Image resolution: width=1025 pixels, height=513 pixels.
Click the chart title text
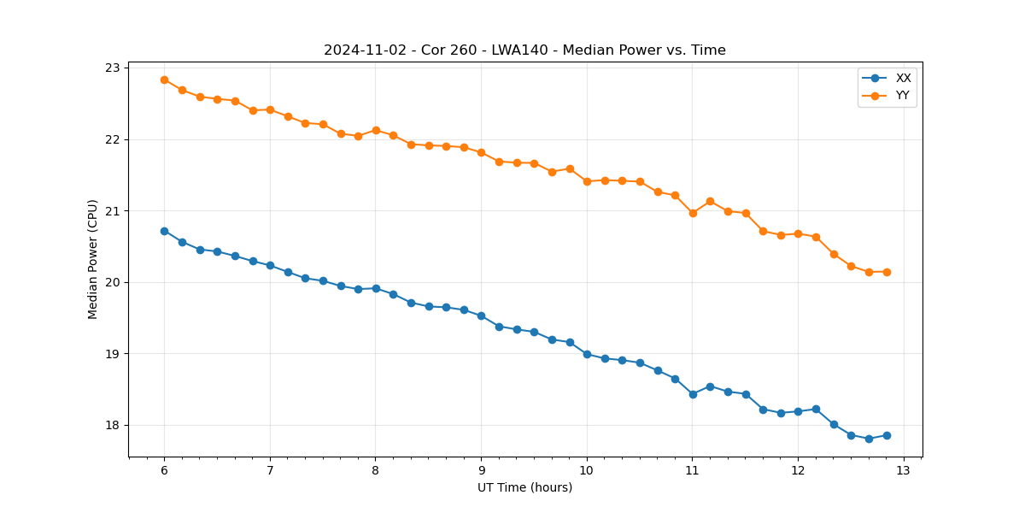524,50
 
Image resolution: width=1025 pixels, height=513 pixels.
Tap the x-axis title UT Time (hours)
524,488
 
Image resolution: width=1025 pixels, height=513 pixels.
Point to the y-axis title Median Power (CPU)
93,259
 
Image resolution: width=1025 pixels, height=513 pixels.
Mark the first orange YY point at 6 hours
164,80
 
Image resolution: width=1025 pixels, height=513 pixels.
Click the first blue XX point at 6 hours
164,231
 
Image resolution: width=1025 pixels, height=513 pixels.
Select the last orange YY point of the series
887,272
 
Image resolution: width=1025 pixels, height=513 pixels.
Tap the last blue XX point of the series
887,435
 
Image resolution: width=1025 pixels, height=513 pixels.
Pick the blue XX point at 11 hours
693,394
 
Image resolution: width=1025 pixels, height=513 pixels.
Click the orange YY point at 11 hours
693,213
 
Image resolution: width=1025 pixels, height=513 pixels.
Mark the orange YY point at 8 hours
376,130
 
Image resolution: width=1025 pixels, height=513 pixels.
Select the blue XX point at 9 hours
481,315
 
